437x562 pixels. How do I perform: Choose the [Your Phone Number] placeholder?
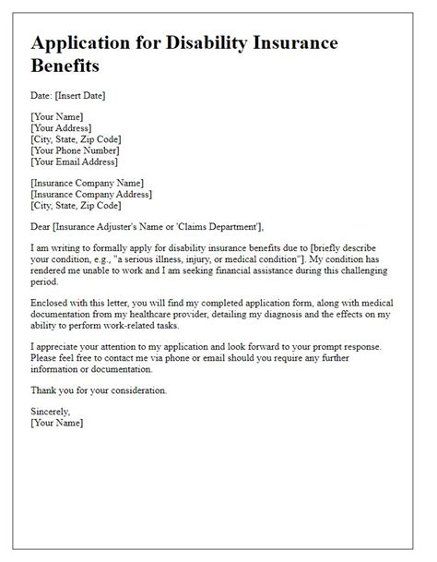pos(76,151)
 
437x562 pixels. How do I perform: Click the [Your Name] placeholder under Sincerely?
pos(56,423)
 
